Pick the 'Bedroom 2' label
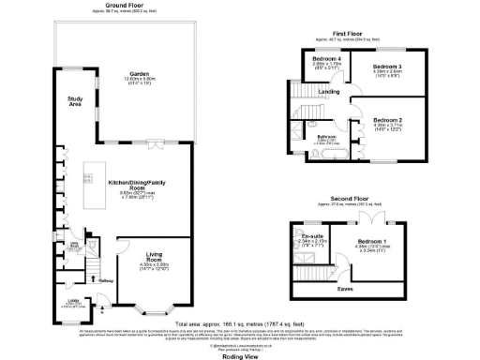tap(387, 121)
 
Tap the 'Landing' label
tap(328, 91)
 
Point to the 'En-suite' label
tap(310, 234)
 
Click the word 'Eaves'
tap(346, 288)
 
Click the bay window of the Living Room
tap(152, 308)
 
